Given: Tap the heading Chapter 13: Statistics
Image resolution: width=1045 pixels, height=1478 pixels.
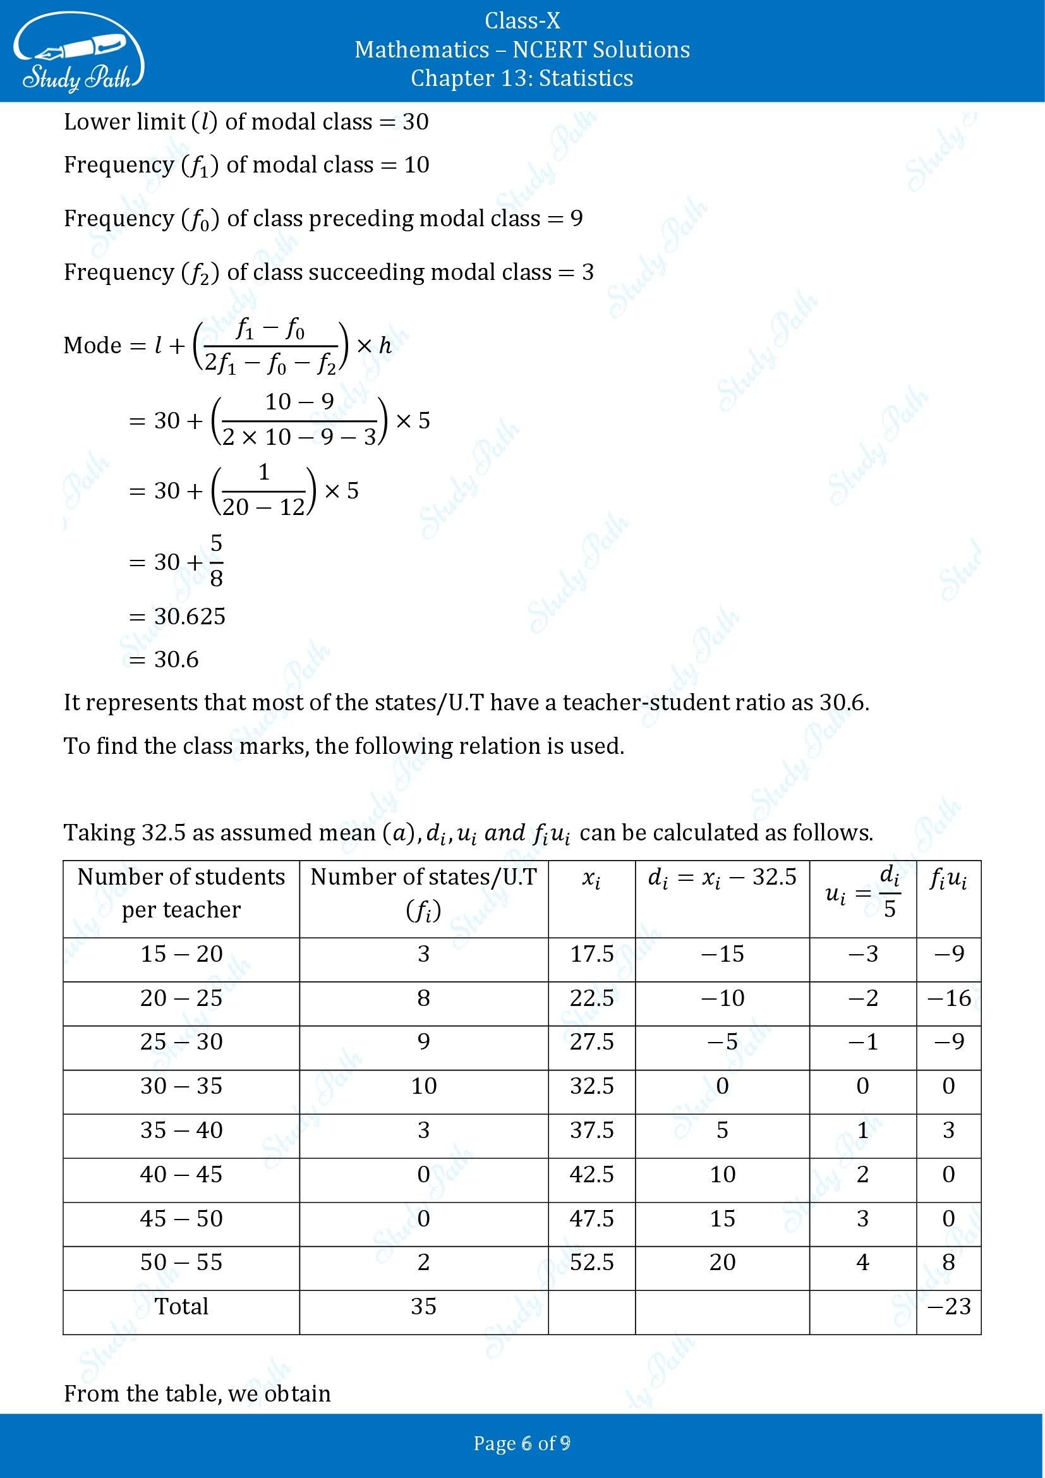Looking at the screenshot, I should (x=522, y=78).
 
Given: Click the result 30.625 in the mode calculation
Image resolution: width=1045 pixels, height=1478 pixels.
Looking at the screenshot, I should (x=190, y=617).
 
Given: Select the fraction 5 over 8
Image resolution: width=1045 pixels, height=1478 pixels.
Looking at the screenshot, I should (x=216, y=560).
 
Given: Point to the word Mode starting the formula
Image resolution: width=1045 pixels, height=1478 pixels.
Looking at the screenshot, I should (x=93, y=346).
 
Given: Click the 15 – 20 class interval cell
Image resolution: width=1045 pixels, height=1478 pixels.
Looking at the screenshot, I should (x=181, y=954).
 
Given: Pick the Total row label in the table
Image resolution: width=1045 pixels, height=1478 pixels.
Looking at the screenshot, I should (x=181, y=1306).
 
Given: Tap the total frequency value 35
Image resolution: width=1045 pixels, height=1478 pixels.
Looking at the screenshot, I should (x=423, y=1306).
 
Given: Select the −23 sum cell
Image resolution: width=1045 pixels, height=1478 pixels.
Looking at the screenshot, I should (x=948, y=1306).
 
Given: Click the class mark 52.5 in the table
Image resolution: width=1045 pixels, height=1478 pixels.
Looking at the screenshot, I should (x=591, y=1262).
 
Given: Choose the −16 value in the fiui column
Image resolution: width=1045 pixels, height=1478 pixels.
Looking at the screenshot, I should (x=948, y=998).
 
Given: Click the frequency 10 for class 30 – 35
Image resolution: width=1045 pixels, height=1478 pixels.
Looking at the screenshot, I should (x=423, y=1086).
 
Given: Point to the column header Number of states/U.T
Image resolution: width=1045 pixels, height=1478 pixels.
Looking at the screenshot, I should (x=423, y=878).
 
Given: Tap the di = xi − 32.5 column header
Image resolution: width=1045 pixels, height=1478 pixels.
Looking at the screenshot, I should (x=722, y=878).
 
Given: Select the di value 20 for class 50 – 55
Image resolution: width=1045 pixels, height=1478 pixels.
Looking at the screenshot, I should (x=722, y=1262).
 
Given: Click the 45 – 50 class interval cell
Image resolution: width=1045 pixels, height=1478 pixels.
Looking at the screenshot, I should (x=181, y=1218).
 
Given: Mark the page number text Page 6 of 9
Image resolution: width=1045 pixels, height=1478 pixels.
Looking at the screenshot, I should (x=522, y=1443).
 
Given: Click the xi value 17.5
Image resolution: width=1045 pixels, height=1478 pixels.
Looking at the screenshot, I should (x=591, y=954).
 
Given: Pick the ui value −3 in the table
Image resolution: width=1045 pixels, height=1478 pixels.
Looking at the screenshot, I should (x=863, y=954).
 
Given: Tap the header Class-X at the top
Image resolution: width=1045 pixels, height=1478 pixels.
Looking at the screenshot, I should (x=522, y=21).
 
